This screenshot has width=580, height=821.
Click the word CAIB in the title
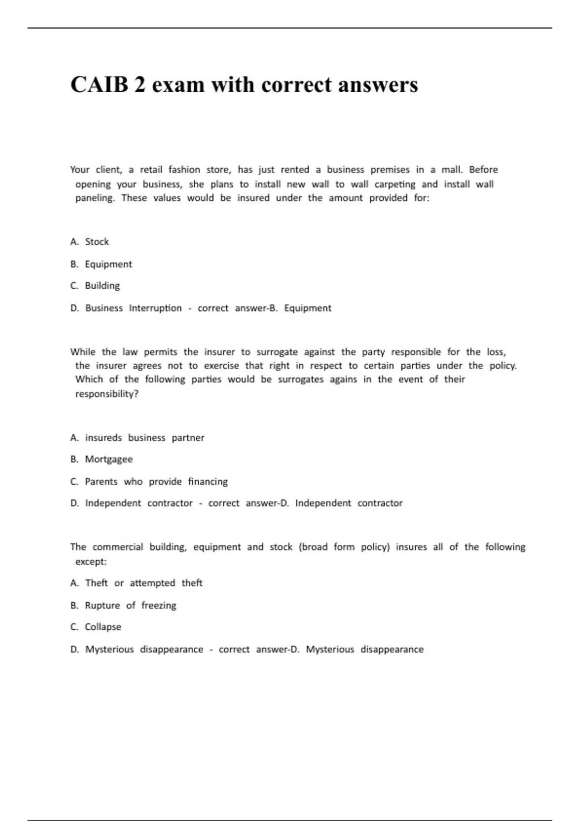click(x=100, y=85)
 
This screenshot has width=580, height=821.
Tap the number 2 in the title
click(x=140, y=85)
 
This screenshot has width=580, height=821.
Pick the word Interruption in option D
click(x=155, y=308)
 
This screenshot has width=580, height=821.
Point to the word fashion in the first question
click(x=184, y=170)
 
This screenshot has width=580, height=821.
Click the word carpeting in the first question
click(x=394, y=184)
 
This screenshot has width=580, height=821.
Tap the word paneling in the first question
click(x=95, y=198)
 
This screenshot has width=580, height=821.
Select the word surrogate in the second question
click(x=277, y=352)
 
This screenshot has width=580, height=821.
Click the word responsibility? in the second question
click(x=107, y=394)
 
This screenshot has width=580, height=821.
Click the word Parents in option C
click(x=101, y=481)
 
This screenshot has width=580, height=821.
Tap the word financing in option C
click(x=208, y=481)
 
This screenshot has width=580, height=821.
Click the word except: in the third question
click(x=91, y=562)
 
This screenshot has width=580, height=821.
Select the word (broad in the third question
click(x=313, y=547)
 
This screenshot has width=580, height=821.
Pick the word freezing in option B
click(x=159, y=605)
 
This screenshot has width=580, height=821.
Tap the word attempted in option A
click(x=152, y=583)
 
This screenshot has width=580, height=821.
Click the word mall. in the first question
click(x=452, y=170)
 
